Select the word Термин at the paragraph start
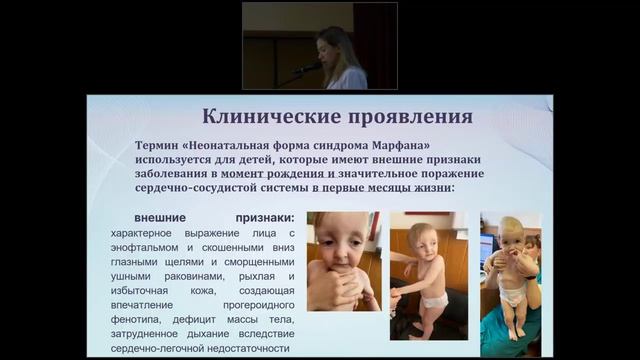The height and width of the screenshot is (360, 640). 160,144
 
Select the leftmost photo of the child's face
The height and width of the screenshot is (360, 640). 343,261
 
